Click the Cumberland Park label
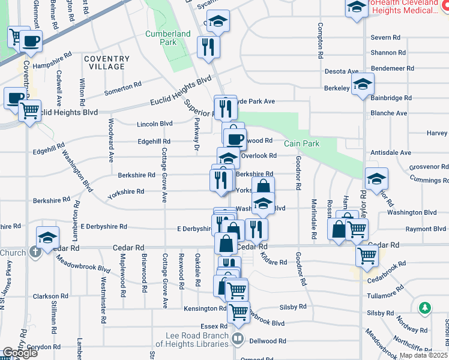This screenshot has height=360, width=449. tap(167, 38)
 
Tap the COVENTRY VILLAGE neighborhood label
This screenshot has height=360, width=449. tap(107, 63)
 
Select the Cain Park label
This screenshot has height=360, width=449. tap(301, 143)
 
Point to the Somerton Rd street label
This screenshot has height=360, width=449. tap(123, 88)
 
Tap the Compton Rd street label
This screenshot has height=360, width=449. tap(321, 36)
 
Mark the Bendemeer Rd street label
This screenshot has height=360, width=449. tap(393, 68)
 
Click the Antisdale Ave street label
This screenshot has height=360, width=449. tap(391, 153)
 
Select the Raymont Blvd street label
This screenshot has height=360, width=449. tap(426, 229)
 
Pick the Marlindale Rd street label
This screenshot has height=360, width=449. tap(313, 214)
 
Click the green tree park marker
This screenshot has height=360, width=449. tap(426, 308)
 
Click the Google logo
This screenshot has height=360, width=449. tap(19, 352)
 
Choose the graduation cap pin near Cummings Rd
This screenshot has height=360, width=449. tap(376, 178)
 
